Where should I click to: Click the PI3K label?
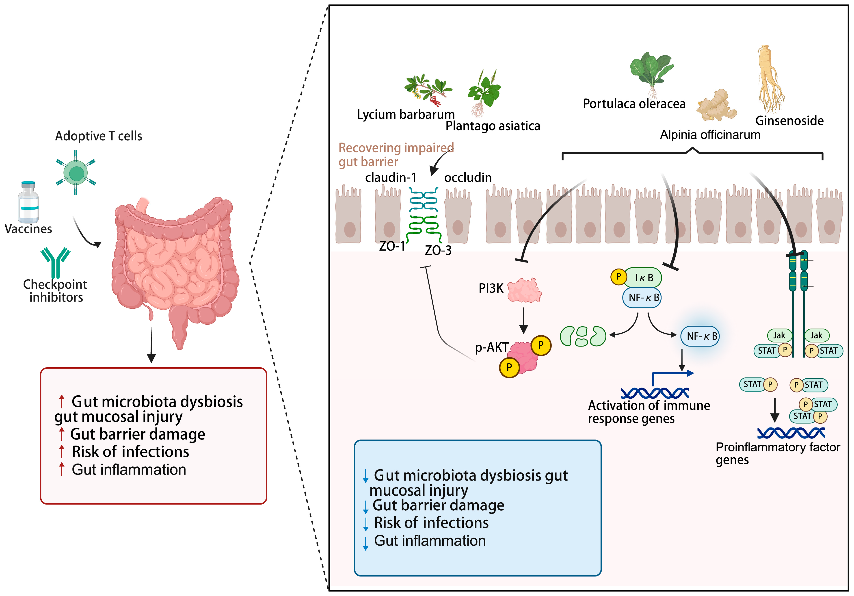click(x=491, y=288)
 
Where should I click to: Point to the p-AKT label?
click(x=491, y=347)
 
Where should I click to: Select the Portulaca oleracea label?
click(x=634, y=104)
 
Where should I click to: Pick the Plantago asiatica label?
click(x=493, y=126)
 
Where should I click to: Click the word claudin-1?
click(x=391, y=178)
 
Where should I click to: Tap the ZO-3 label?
click(x=438, y=250)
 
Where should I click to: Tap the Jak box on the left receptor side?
click(x=779, y=335)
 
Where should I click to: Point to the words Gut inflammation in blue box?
click(x=430, y=541)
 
